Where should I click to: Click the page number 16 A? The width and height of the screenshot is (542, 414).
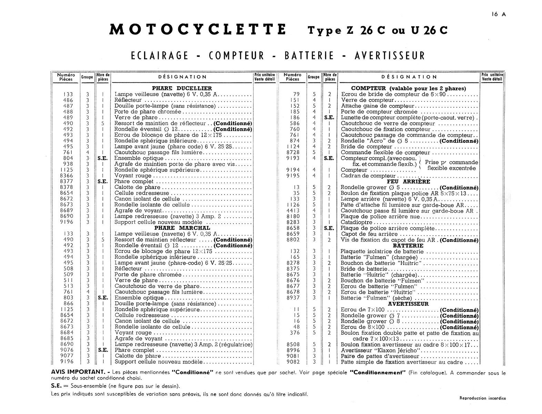coord(499,14)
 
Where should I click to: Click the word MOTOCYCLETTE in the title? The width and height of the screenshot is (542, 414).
coord(198,30)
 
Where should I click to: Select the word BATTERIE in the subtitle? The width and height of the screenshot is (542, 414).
coord(309,56)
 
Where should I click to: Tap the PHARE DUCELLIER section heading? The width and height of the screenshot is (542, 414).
coord(182,88)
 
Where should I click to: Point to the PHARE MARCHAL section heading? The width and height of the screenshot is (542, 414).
coord(182,228)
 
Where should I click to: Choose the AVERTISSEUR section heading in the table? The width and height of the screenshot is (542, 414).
coord(408,304)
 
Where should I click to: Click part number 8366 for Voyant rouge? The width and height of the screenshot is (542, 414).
coord(66,176)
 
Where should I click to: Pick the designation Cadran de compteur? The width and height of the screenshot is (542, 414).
coord(363,176)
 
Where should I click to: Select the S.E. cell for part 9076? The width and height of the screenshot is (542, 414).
coord(103,351)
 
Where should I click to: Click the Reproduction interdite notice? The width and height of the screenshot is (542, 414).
coord(482,398)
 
